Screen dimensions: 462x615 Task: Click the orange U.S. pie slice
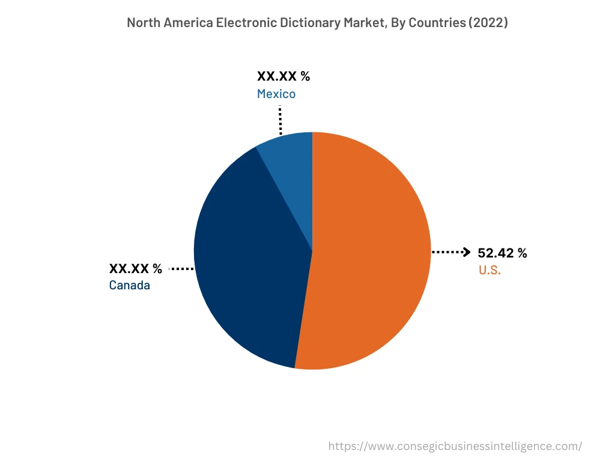click(x=372, y=253)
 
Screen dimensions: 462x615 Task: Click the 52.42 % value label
click(x=502, y=253)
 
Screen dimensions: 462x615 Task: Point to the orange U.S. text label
click(x=489, y=270)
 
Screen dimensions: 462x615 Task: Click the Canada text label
click(x=129, y=285)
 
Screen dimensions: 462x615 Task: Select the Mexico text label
click(x=276, y=94)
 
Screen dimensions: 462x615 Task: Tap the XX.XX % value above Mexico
click(x=283, y=76)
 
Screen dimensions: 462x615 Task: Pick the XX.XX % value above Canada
click(x=135, y=268)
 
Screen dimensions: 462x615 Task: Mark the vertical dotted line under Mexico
click(x=280, y=120)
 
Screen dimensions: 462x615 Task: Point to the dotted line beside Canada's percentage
click(x=181, y=268)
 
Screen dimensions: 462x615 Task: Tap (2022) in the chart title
click(x=488, y=23)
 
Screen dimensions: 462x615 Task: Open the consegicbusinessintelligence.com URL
click(x=455, y=446)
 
